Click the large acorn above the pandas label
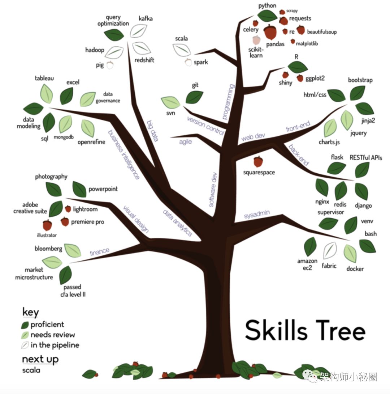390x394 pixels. pyautogui.click(x=270, y=32)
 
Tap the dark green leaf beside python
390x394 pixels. pyautogui.click(x=268, y=16)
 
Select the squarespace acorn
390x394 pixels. pyautogui.click(x=258, y=161)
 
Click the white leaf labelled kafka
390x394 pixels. pyautogui.click(x=138, y=30)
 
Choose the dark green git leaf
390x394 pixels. pyautogui.click(x=194, y=97)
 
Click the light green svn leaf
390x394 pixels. pyautogui.click(x=171, y=102)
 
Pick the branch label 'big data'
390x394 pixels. pyautogui.click(x=153, y=131)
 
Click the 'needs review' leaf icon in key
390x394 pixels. pyautogui.click(x=25, y=335)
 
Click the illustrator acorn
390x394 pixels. pyautogui.click(x=47, y=225)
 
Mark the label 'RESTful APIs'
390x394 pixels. pyautogui.click(x=365, y=157)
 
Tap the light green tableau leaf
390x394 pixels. pyautogui.click(x=46, y=93)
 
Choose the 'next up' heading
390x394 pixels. pyautogui.click(x=40, y=359)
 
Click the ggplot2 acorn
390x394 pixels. pyautogui.click(x=300, y=78)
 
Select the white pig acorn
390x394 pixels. pyautogui.click(x=110, y=65)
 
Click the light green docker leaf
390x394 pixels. pyautogui.click(x=350, y=253)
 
